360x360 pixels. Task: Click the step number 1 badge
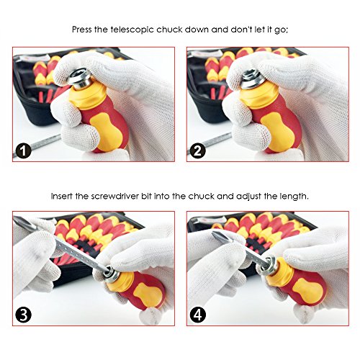[23, 151]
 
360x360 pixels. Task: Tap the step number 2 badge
[197, 151]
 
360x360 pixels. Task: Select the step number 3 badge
[23, 315]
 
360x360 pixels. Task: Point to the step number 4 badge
[198, 315]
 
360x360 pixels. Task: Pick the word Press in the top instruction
[82, 30]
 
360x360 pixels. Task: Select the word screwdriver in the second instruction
[107, 197]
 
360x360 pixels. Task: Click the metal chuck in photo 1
[79, 79]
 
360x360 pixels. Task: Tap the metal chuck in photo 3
[111, 274]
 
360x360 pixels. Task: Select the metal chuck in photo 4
[272, 266]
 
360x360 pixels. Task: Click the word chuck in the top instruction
[169, 30]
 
